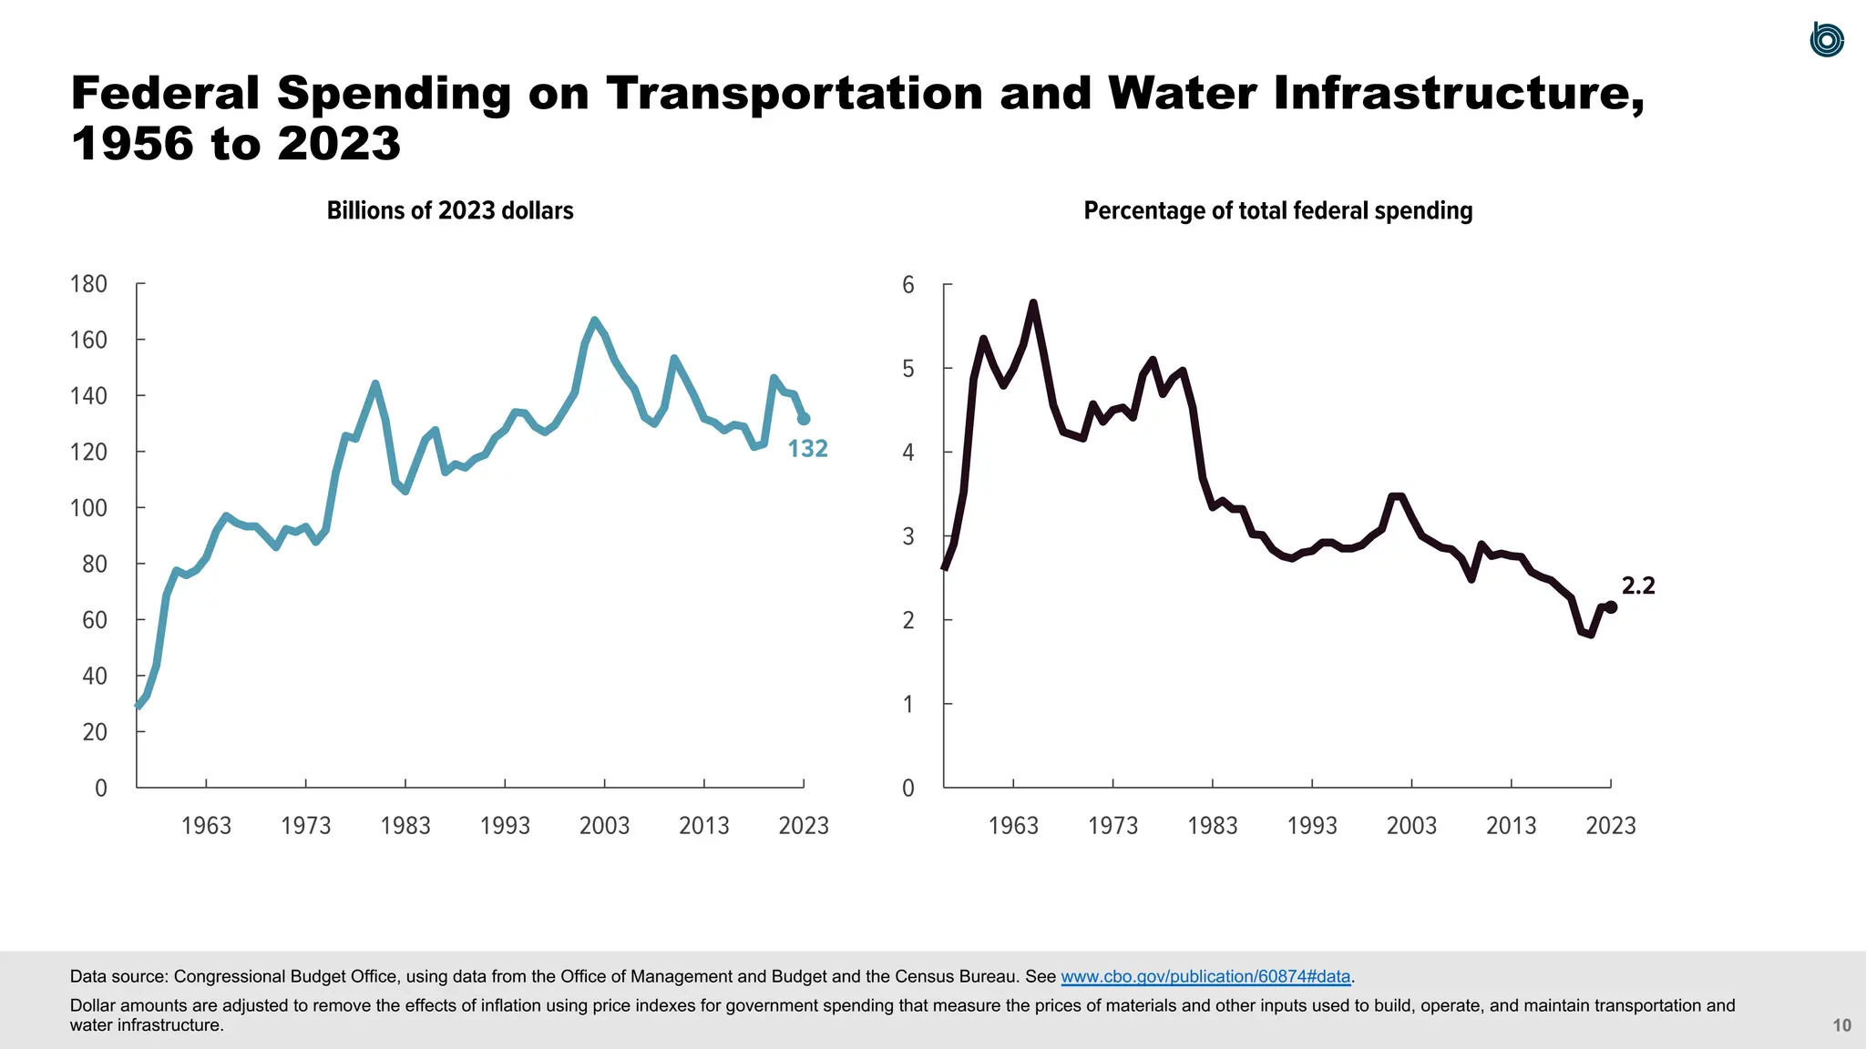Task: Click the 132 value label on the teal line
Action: (807, 449)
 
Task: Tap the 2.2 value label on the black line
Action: (1637, 586)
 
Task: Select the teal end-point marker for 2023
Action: (804, 419)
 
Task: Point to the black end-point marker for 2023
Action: (1611, 606)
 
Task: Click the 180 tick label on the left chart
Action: (88, 284)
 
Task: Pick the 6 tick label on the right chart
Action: (907, 285)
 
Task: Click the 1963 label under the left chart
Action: (206, 826)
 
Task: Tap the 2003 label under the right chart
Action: (1411, 826)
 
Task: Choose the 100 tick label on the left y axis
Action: (88, 508)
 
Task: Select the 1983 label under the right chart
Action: (1212, 826)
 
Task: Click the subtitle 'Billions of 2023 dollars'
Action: (450, 211)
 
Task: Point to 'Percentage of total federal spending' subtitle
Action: (1277, 211)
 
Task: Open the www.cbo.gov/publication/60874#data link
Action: (1205, 977)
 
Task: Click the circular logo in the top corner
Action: (1826, 40)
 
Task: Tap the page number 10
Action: (1841, 1025)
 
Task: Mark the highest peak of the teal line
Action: (595, 320)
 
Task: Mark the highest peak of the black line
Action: (1032, 302)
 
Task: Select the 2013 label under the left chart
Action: (703, 826)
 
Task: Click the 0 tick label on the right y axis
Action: (907, 789)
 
